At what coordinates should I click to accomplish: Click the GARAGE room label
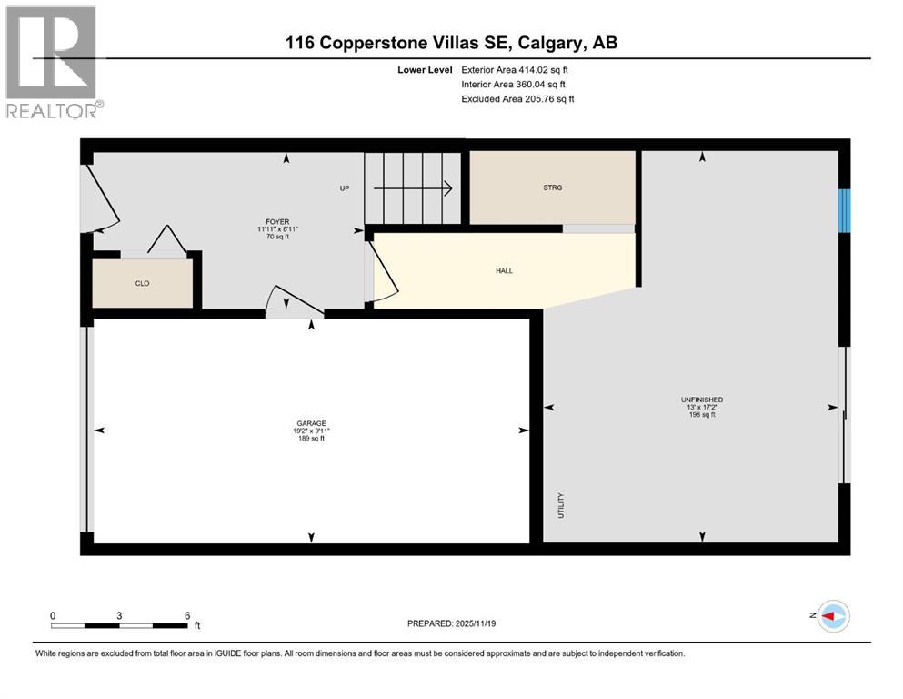point(311,423)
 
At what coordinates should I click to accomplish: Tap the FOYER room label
point(276,220)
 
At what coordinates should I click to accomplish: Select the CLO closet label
point(142,284)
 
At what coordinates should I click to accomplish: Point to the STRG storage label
point(552,187)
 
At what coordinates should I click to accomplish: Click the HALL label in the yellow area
point(505,270)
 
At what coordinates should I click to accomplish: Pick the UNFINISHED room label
point(701,400)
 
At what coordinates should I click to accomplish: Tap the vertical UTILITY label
point(561,506)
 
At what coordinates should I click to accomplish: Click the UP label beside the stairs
point(345,188)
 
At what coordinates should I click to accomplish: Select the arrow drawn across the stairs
point(414,188)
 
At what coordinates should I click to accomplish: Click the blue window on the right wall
point(844,210)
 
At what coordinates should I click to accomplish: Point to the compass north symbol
point(832,616)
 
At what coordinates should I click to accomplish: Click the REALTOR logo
point(52,63)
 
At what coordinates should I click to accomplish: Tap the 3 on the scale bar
point(119,615)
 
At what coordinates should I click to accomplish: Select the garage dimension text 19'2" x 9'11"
point(311,431)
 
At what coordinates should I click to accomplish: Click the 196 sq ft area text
point(701,415)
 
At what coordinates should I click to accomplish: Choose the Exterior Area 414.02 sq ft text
point(516,69)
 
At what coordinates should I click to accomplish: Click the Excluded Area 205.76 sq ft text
point(517,98)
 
